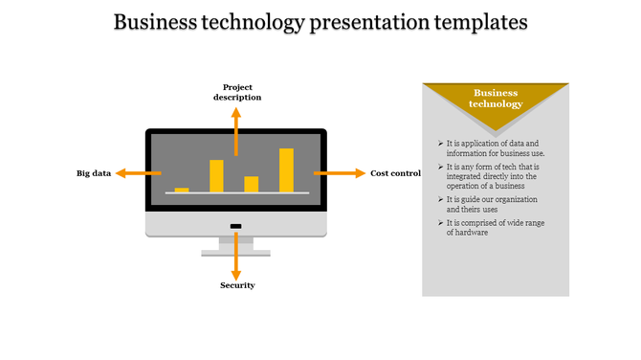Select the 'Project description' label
(x=237, y=92)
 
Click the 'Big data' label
(x=94, y=173)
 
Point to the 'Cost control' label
(x=395, y=173)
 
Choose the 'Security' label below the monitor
(x=237, y=285)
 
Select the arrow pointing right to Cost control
(x=340, y=173)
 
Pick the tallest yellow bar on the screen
(x=286, y=169)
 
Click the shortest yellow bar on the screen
(x=182, y=190)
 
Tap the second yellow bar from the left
(x=216, y=175)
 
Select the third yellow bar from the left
(x=252, y=184)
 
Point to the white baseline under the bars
(x=236, y=193)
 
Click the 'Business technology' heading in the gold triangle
(x=496, y=99)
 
